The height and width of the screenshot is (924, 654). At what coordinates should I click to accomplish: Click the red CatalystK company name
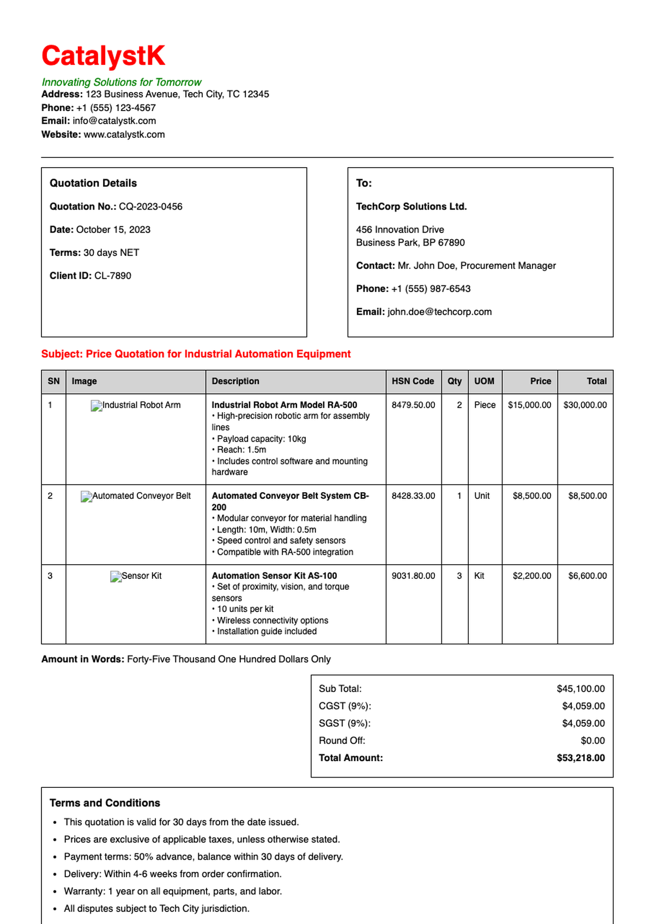coord(103,56)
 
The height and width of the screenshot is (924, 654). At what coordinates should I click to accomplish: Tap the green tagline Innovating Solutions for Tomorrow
coord(122,82)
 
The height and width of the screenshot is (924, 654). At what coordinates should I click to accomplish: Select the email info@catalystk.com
coord(114,121)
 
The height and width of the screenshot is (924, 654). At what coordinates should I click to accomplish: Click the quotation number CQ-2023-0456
coord(150,206)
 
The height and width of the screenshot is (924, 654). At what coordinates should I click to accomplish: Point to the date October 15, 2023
coord(113,230)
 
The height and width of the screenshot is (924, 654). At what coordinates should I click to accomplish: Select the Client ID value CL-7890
coord(112,276)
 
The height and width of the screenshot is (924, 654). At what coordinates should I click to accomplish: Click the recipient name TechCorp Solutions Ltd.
coord(411,206)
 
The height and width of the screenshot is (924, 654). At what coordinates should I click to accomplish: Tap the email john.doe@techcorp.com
coord(439,312)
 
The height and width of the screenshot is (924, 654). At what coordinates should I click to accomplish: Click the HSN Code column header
coord(413,381)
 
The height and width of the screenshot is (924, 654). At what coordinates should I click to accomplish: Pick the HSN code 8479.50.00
coord(413,405)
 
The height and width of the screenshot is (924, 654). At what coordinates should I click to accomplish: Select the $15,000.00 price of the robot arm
coord(529,405)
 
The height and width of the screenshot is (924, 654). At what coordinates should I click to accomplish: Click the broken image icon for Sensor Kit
coord(116,577)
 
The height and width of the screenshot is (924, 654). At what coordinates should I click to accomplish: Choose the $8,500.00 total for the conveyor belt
coord(587,496)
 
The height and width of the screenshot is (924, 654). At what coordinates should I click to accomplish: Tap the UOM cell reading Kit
coord(479,576)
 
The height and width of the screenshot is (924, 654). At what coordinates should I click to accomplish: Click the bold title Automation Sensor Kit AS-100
coord(274,576)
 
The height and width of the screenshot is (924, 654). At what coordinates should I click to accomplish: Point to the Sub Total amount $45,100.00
coord(580,689)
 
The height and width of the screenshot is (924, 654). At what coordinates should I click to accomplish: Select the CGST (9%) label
coord(344,706)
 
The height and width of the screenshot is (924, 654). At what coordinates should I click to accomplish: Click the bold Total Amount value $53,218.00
coord(580,758)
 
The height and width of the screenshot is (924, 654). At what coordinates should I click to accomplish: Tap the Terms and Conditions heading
coord(105,803)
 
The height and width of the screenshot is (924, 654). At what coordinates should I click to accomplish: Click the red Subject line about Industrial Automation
coord(196,354)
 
